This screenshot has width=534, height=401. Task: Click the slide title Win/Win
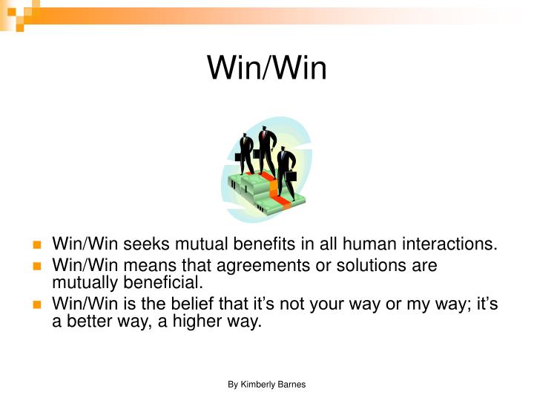[x=266, y=68]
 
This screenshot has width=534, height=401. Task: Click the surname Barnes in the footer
[x=292, y=384]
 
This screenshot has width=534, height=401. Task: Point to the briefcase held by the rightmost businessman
[x=292, y=177]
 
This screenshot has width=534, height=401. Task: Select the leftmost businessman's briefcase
[x=239, y=157]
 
